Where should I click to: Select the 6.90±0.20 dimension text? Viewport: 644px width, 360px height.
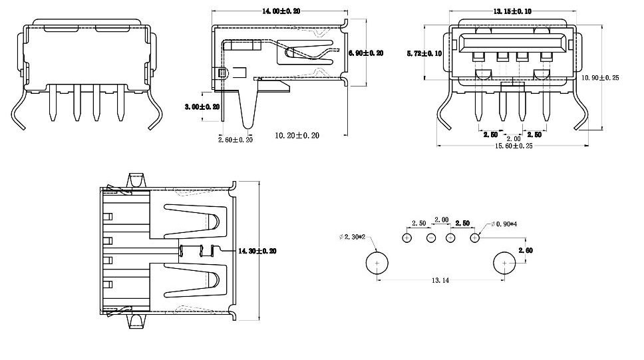tap(366, 53)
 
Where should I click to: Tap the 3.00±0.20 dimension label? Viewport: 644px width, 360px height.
tap(202, 106)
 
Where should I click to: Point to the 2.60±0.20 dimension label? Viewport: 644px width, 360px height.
tap(236, 139)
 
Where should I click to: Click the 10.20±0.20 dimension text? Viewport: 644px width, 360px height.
tap(297, 136)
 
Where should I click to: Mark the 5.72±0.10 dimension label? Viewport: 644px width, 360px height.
tap(424, 53)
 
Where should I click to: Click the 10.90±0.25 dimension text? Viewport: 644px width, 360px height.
tap(600, 78)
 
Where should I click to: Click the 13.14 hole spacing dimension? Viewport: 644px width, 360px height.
tap(440, 281)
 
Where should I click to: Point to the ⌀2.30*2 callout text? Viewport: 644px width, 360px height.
tap(353, 237)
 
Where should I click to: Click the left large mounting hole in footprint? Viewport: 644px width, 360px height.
tap(377, 264)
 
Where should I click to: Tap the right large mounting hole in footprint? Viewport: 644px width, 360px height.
tap(504, 264)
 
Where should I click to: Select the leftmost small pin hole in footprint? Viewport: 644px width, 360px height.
tap(408, 238)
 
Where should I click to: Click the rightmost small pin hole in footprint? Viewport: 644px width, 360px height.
tap(475, 238)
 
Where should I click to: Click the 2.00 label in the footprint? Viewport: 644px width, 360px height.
tap(441, 220)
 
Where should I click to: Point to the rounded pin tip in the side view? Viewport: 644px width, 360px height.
tap(249, 124)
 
